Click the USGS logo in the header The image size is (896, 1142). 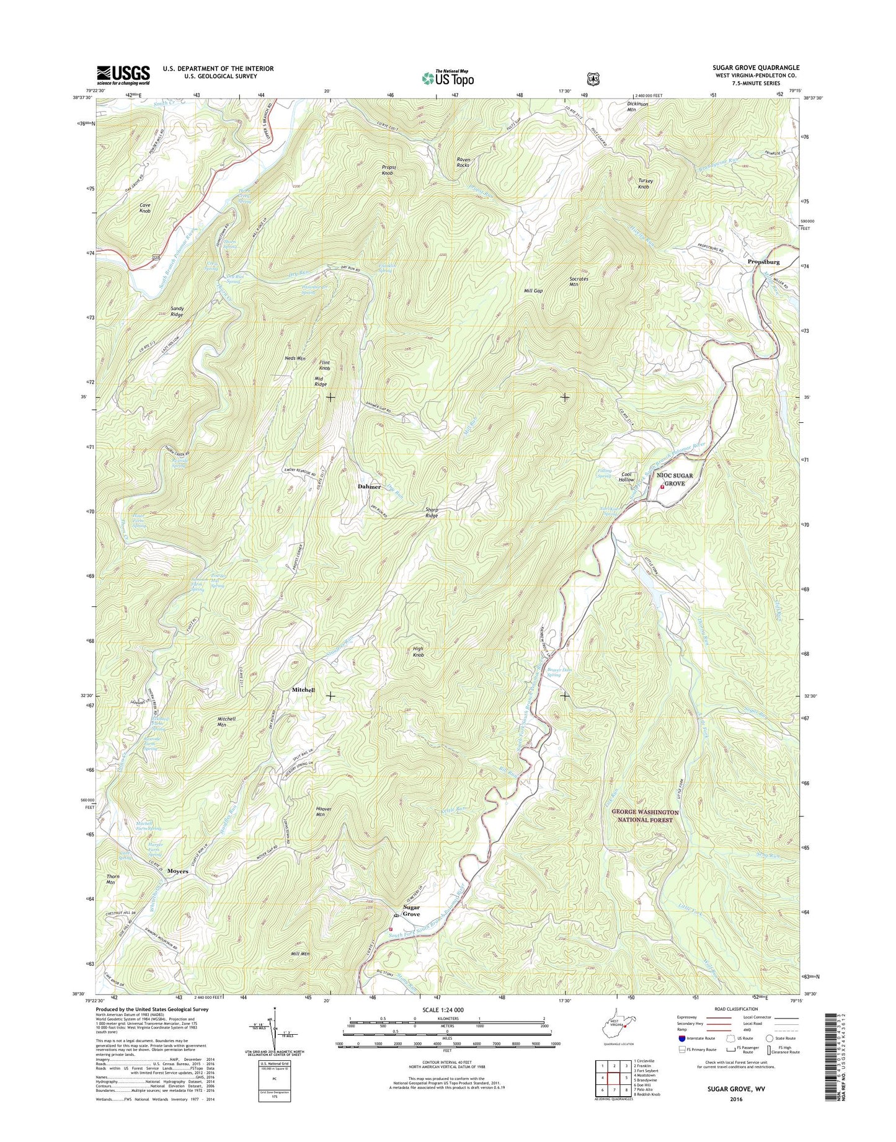point(123,75)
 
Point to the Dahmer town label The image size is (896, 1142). point(369,487)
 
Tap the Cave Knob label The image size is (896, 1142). point(145,208)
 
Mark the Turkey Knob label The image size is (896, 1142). point(645,184)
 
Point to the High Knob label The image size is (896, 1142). point(419,652)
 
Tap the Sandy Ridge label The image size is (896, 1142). point(177,312)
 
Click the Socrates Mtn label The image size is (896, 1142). point(579,281)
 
